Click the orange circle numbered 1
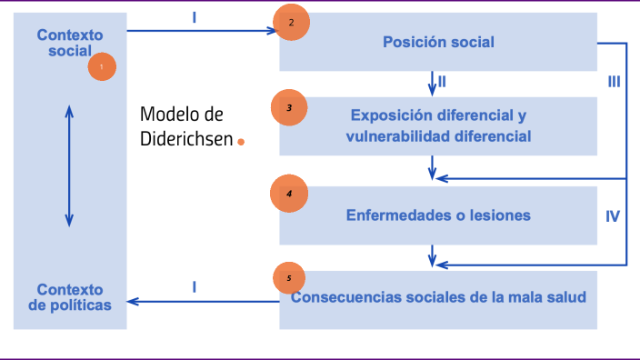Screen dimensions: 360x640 102,66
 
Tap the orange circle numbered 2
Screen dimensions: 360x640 291,24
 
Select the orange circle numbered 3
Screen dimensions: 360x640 289,108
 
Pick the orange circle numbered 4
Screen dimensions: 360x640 289,194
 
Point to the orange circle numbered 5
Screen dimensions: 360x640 289,278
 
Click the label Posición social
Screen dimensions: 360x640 438,42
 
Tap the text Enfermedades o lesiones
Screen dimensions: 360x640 438,215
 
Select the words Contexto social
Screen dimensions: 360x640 70,43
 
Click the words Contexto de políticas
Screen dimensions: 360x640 70,297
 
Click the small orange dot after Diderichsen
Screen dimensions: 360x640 241,142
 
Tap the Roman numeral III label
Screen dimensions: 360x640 614,82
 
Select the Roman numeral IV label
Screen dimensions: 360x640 613,216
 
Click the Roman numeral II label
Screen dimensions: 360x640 442,82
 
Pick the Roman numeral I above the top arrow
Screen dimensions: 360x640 195,17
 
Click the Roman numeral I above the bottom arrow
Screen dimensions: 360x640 195,286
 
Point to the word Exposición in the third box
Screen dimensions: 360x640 385,115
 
